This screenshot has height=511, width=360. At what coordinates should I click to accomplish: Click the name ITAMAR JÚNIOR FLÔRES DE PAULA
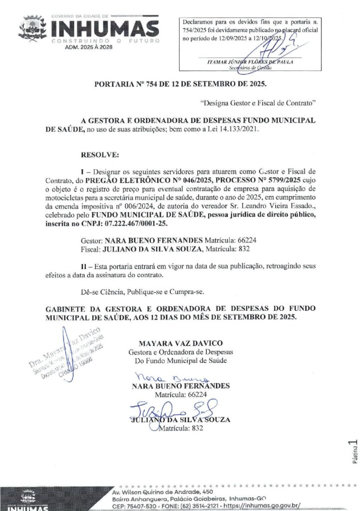click(250, 61)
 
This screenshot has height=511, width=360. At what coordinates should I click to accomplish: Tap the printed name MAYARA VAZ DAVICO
click(181, 343)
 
